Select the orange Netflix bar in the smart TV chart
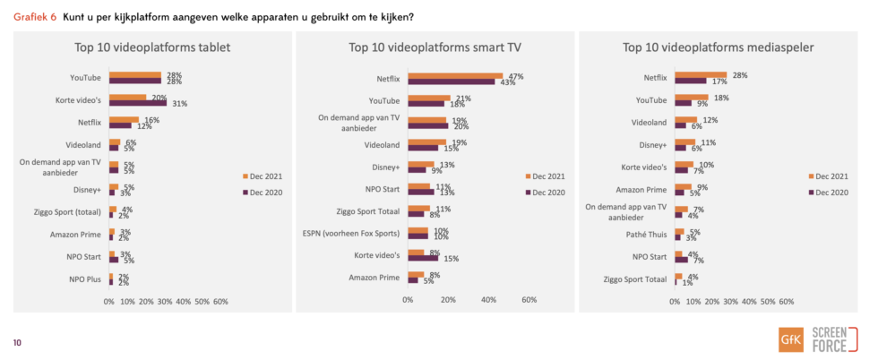click(x=455, y=76)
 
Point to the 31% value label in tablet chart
click(x=179, y=103)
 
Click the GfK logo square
click(x=791, y=340)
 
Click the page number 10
click(x=17, y=341)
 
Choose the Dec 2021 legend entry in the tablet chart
click(x=262, y=176)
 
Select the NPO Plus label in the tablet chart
click(x=84, y=279)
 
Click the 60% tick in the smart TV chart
click(x=529, y=300)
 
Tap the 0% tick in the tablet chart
click(x=109, y=300)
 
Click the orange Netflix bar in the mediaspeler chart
click(x=701, y=75)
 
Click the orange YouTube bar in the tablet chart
click(x=135, y=75)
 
